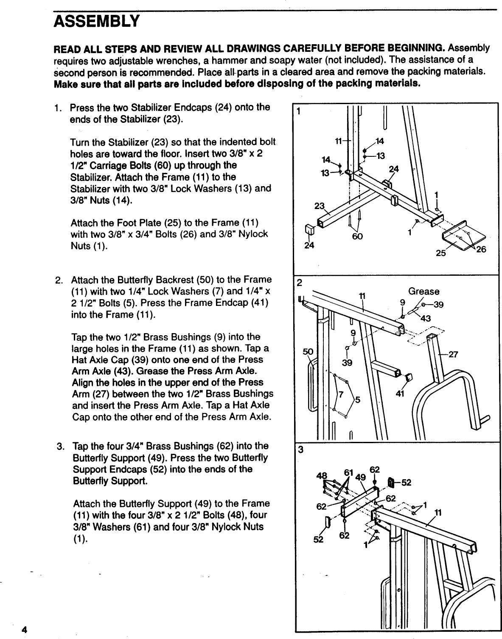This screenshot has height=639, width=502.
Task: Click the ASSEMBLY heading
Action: point(96,21)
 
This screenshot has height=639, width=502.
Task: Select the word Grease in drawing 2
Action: point(423,291)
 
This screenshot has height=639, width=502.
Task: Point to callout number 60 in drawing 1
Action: point(357,236)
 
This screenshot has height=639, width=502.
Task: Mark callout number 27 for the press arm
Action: point(453,354)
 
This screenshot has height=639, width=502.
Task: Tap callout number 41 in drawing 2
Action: point(399,393)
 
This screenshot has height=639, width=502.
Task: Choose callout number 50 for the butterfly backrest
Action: point(307,352)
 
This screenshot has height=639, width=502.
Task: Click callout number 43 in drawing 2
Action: point(426,319)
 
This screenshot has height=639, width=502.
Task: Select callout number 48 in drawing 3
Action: point(323,476)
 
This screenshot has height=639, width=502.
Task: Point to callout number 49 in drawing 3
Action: point(361,477)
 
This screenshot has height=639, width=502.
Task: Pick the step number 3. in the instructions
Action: point(61,447)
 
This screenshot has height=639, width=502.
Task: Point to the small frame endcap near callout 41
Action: point(409,377)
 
